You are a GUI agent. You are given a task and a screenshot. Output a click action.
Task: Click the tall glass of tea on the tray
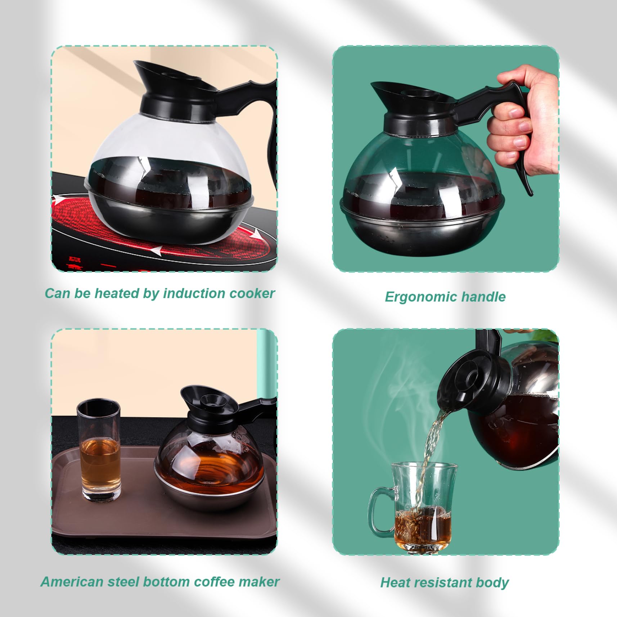click(99, 450)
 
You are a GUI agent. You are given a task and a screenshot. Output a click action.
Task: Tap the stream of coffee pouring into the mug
click(432, 457)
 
